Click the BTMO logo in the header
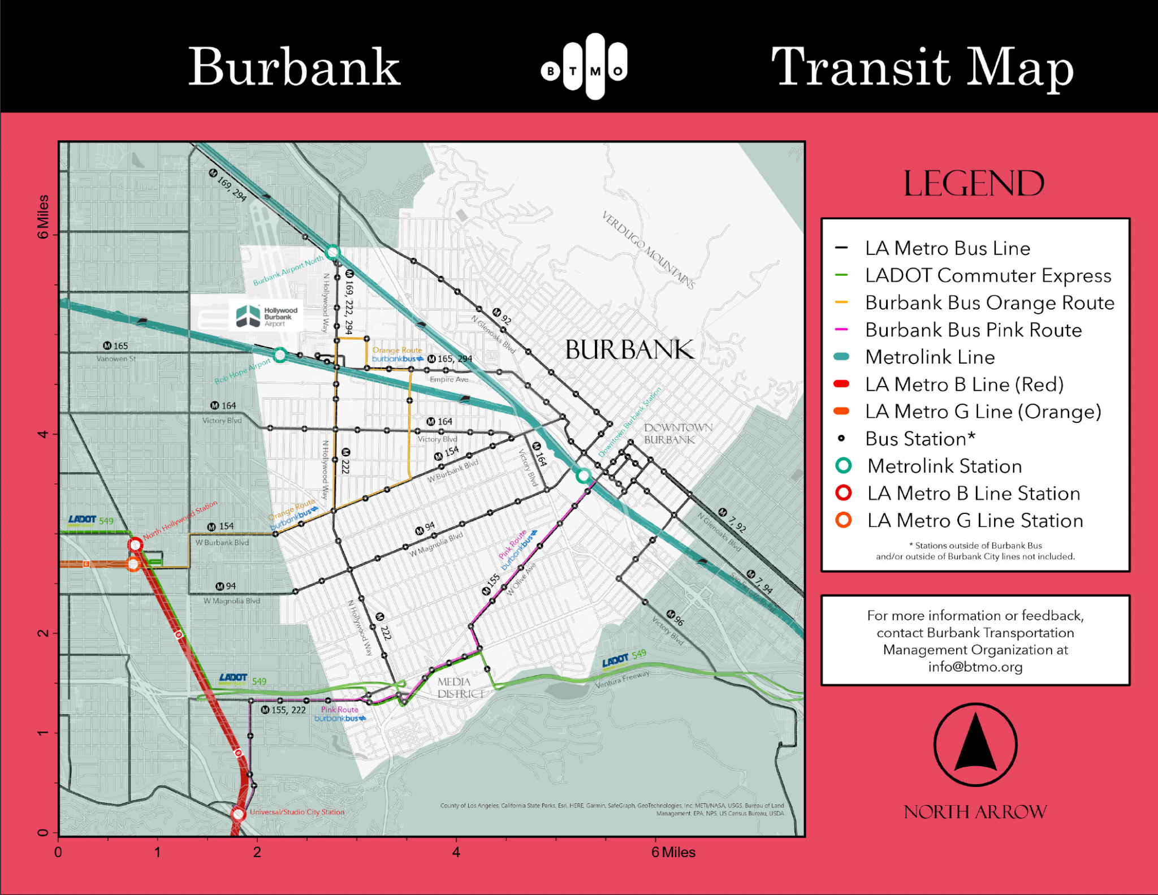click(585, 67)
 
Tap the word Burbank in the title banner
click(294, 67)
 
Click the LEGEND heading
click(974, 184)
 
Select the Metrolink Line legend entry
click(930, 357)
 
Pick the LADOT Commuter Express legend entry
click(988, 276)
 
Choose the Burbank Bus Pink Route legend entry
click(973, 330)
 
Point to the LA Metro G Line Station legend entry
click(975, 521)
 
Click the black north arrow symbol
click(975, 744)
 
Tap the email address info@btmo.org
click(975, 667)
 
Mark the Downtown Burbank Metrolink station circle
click(584, 475)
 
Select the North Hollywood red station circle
click(135, 545)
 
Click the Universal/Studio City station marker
click(238, 814)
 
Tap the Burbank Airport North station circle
click(332, 252)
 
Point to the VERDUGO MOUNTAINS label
click(648, 250)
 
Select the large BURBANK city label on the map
click(629, 350)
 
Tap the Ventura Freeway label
click(622, 679)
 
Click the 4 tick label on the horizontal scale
click(456, 852)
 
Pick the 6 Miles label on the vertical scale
click(43, 217)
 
